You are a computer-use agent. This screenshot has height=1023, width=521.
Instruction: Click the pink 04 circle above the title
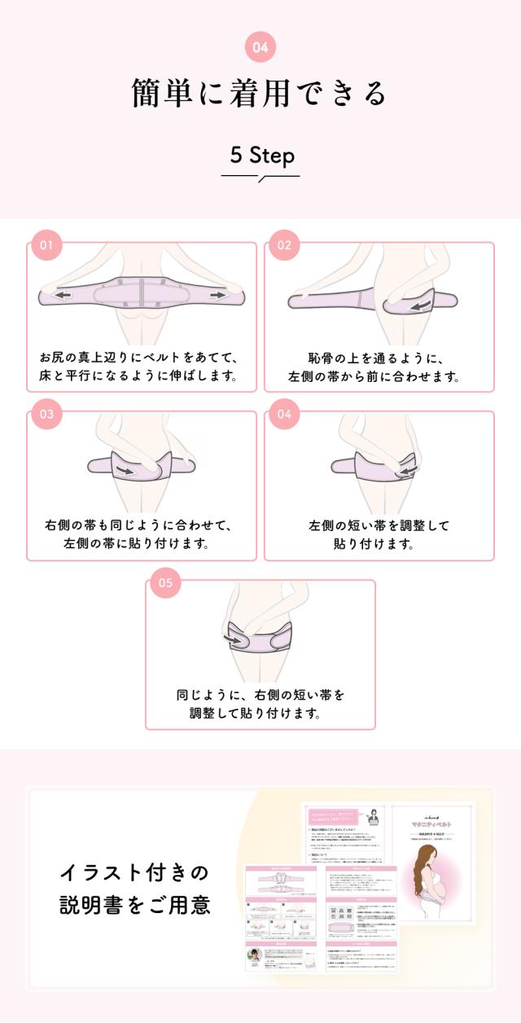tap(260, 48)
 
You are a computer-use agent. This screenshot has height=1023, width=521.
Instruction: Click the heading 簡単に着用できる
tap(260, 94)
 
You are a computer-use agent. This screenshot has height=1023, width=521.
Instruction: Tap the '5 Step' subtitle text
tap(260, 156)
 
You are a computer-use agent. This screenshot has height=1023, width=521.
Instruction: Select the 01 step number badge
tap(46, 245)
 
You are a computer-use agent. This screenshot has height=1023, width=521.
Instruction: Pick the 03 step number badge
tap(46, 414)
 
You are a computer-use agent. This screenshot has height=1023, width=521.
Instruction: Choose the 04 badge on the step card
tap(284, 414)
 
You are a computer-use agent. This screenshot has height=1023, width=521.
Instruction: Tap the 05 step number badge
tap(165, 582)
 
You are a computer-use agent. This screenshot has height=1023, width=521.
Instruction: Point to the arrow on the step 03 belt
tap(125, 471)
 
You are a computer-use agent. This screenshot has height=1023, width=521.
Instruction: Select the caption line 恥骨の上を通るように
tap(379, 358)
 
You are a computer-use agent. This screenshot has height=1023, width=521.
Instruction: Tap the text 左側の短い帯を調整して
tap(379, 525)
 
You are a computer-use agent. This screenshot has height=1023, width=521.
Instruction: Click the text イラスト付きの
tap(134, 872)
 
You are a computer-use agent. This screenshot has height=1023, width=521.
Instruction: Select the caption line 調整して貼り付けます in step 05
tap(260, 713)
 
